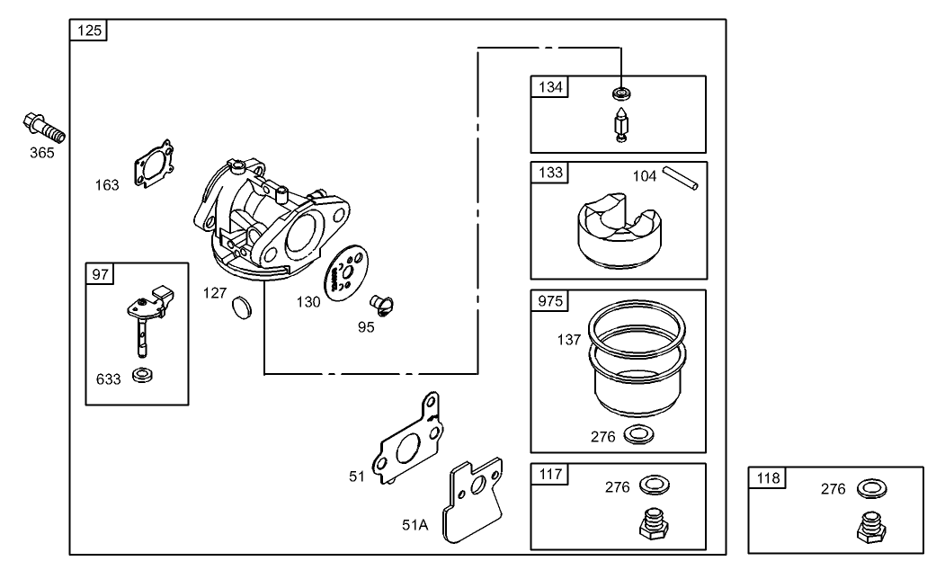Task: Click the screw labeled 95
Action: point(382,306)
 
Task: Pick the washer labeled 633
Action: point(141,374)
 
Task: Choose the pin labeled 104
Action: point(682,178)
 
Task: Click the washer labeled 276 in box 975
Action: point(638,436)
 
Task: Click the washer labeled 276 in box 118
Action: point(869,488)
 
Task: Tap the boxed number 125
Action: point(90,31)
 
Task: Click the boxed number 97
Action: point(98,273)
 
